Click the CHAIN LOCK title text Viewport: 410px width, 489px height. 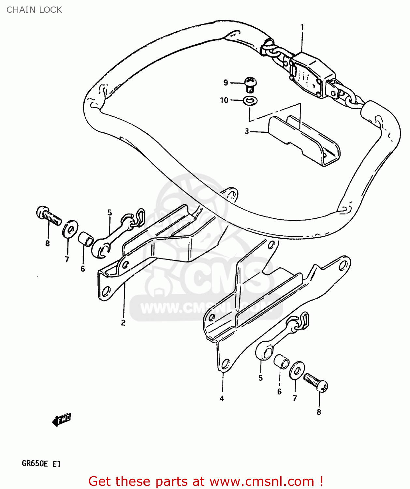coord(34,10)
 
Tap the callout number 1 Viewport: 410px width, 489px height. coord(302,27)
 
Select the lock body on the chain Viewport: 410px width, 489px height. coord(311,75)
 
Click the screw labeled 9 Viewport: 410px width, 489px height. coord(250,84)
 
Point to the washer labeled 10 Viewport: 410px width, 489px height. coord(250,101)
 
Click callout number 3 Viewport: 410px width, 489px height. coord(247,131)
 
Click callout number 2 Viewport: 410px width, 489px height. coord(123,323)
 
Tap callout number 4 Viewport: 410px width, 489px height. coord(222,398)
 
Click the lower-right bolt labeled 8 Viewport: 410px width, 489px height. coord(316,382)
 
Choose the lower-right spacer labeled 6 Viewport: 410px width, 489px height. coord(281,361)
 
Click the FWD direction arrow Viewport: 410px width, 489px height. coord(61,420)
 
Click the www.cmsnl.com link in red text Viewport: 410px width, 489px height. coord(261,481)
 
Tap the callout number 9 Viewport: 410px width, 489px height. coord(226,82)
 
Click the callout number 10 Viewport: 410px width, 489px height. coord(224,100)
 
